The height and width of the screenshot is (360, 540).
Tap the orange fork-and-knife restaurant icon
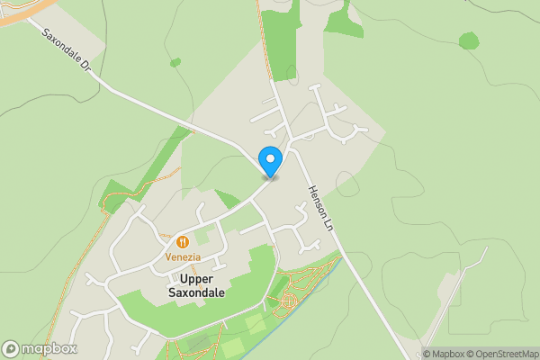tap(182, 242)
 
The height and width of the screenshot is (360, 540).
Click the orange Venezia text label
tap(182, 257)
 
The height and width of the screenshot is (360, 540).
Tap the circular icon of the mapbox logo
tap(12, 348)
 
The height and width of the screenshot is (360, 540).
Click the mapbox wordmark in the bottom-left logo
tap(49, 348)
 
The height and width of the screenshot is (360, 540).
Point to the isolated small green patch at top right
tap(468, 40)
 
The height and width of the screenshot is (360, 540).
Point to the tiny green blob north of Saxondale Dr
tap(175, 63)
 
